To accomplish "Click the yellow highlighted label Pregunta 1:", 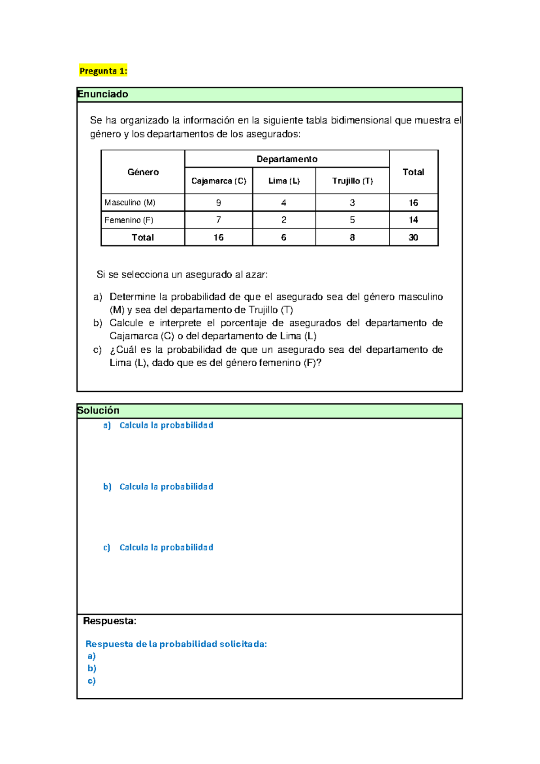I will click(103, 71).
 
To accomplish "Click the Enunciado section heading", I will click(103, 94).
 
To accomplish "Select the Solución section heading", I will click(99, 410).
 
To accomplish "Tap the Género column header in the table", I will click(143, 172).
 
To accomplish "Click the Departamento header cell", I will click(287, 159).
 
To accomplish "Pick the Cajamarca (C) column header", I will click(219, 181).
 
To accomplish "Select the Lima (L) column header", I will click(284, 181).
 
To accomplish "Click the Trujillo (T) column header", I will click(352, 181).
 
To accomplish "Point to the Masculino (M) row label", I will click(130, 203).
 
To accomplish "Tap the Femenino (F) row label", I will click(129, 220).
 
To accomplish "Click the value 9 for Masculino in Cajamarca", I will click(219, 203).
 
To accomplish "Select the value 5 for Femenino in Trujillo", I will click(352, 220).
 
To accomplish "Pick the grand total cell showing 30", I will click(413, 237).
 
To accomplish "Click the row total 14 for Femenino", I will click(413, 220).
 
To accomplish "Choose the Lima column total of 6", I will click(283, 237).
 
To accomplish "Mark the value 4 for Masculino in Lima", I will click(283, 203).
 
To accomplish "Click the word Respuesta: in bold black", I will click(109, 621).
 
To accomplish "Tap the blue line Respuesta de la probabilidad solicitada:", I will click(176, 644).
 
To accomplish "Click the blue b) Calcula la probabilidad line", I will click(158, 487).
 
